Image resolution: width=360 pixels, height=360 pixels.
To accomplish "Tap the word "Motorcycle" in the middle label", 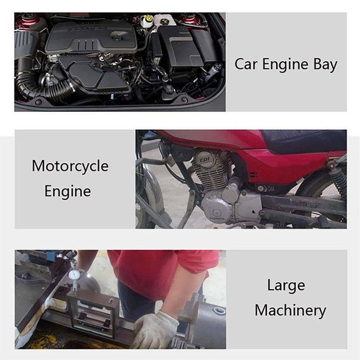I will [x=70, y=166].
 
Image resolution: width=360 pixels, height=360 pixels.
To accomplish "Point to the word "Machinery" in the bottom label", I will [x=290, y=310].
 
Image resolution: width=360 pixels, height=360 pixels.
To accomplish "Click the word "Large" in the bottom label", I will [x=286, y=285].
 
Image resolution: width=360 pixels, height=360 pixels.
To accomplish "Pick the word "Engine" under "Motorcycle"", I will [x=67, y=191].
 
